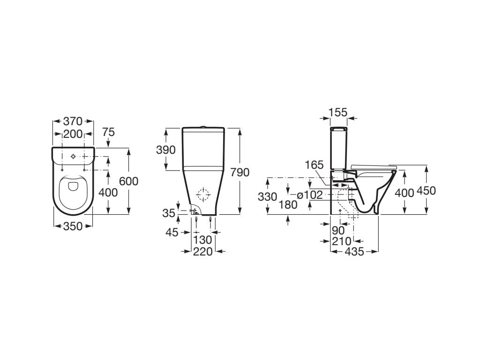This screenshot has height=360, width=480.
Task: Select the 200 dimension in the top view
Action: click(73, 134)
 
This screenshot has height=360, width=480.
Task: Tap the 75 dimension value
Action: click(108, 132)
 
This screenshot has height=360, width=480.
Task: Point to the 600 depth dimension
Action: click(129, 180)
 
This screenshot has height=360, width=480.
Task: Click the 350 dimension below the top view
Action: click(73, 226)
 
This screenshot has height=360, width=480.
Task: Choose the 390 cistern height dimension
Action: click(166, 150)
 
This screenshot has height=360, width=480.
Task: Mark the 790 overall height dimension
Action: click(240, 172)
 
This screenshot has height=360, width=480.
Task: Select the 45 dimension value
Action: click(172, 232)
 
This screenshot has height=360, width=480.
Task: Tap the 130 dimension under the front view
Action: click(203, 240)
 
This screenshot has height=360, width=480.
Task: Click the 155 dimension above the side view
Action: click(338, 112)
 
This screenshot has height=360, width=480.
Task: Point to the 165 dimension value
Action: click(314, 165)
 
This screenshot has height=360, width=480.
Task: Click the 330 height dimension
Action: click(267, 197)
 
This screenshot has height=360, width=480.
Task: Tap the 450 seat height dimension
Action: click(427, 190)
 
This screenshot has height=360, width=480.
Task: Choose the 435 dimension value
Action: click(354, 252)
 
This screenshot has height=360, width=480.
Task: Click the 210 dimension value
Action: click(342, 241)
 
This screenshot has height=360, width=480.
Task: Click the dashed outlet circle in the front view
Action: click(203, 195)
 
